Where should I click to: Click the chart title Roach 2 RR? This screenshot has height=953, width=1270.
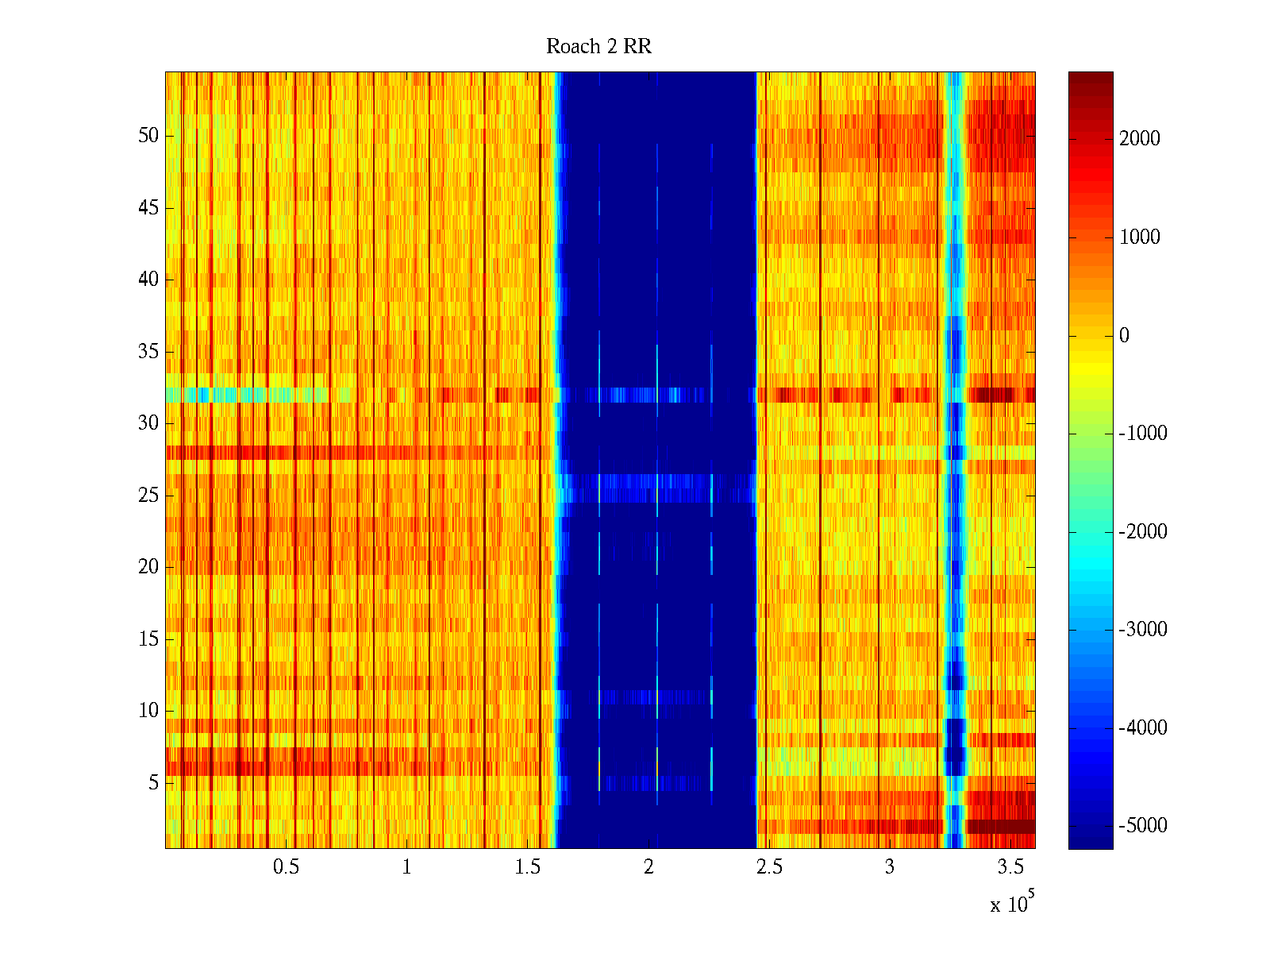point(598,47)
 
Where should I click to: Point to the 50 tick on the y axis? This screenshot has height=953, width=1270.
point(148,136)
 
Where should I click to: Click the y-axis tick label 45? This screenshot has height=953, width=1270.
point(148,208)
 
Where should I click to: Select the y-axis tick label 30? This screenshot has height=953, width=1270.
point(148,423)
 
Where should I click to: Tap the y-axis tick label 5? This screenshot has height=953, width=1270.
point(153,783)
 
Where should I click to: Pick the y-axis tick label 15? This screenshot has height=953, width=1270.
point(148,639)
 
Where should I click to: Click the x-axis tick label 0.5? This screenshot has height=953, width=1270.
point(286,867)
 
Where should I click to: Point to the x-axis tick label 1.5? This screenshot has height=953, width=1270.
point(527,867)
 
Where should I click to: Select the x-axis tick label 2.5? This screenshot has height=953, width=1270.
point(769,867)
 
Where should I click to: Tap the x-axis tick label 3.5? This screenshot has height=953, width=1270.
point(1010,867)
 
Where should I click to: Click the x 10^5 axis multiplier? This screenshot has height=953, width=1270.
point(1011,903)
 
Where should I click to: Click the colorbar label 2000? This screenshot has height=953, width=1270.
point(1139,139)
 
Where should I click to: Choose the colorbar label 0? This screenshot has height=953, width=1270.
point(1123,336)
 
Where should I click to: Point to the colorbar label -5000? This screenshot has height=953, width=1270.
point(1142,826)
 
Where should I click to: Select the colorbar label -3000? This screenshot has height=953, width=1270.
point(1142,630)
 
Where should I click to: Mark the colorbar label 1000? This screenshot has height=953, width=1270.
point(1139,237)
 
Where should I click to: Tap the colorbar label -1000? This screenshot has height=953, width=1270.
point(1142,434)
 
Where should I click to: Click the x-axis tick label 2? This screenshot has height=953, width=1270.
point(648,867)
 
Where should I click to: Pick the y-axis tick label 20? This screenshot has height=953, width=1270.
point(148,567)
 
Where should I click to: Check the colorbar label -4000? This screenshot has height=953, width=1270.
point(1142,728)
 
